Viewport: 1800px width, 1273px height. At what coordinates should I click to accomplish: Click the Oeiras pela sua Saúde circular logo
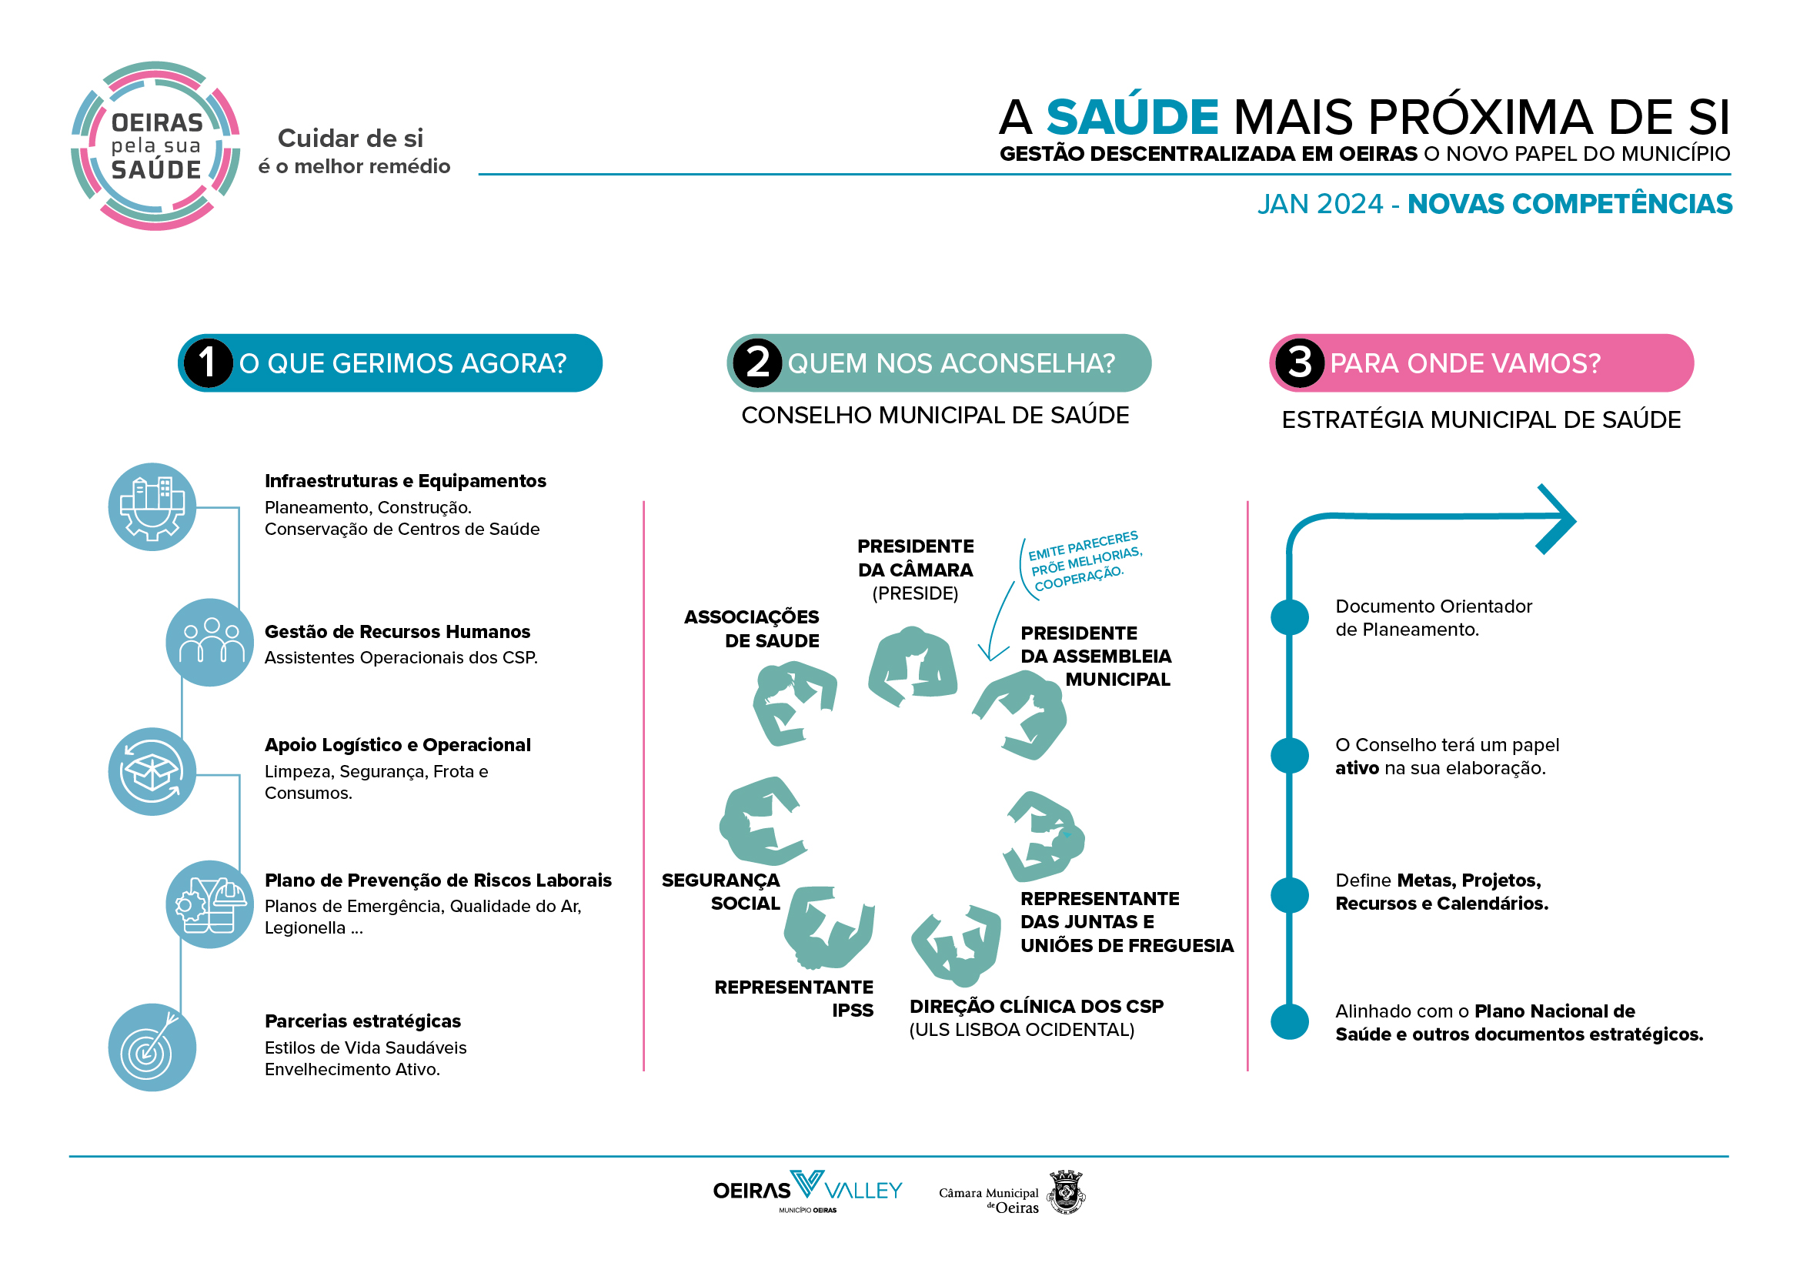155,145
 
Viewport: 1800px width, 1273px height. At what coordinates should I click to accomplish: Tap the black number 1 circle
207,363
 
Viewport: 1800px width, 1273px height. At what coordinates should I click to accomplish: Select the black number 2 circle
756,363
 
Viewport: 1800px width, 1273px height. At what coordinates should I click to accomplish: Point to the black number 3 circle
1299,363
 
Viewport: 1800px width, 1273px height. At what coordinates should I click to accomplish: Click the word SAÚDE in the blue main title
1132,118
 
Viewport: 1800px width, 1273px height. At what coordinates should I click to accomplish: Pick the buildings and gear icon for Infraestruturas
152,507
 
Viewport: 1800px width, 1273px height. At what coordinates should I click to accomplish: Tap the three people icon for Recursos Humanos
210,643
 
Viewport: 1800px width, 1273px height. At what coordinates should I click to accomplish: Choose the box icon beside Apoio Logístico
152,772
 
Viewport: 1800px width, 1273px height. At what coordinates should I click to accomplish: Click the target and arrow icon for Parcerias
152,1048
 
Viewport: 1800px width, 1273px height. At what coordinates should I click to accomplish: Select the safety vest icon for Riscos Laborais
210,904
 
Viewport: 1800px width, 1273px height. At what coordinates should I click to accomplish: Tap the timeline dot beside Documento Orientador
1290,617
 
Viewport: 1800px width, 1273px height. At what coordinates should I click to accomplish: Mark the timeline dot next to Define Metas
1290,894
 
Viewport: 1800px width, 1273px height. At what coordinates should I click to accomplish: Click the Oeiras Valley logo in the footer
807,1191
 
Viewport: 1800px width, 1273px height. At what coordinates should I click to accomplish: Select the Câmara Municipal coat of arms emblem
1065,1193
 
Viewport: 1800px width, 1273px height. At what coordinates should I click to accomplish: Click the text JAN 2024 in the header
1321,204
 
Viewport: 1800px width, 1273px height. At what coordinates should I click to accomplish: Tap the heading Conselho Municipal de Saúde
935,416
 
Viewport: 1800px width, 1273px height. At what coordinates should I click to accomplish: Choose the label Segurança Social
720,892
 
